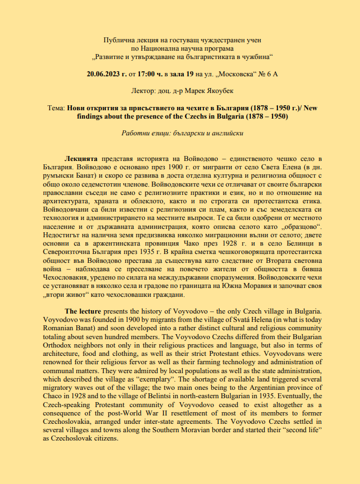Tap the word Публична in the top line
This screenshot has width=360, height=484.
coord(120,40)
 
